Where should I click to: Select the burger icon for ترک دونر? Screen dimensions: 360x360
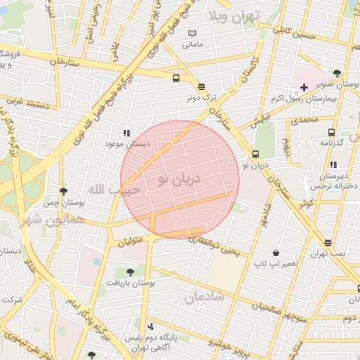[202, 86]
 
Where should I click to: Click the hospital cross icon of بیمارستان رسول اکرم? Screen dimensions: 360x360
[304, 87]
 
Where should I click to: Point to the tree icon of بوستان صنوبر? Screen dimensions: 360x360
[337, 73]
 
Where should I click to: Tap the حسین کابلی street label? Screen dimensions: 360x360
[291, 30]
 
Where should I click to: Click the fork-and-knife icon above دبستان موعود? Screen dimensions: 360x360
[127, 132]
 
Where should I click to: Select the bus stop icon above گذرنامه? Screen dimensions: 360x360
[330, 131]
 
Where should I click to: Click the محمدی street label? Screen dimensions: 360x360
[304, 120]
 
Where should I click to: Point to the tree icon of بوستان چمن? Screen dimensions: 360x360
[64, 191]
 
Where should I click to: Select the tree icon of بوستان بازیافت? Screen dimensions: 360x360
[129, 271]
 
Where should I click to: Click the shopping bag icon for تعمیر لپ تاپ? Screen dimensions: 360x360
[276, 252]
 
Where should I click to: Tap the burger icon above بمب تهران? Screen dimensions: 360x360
[328, 243]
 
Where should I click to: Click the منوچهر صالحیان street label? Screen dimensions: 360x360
[281, 307]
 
